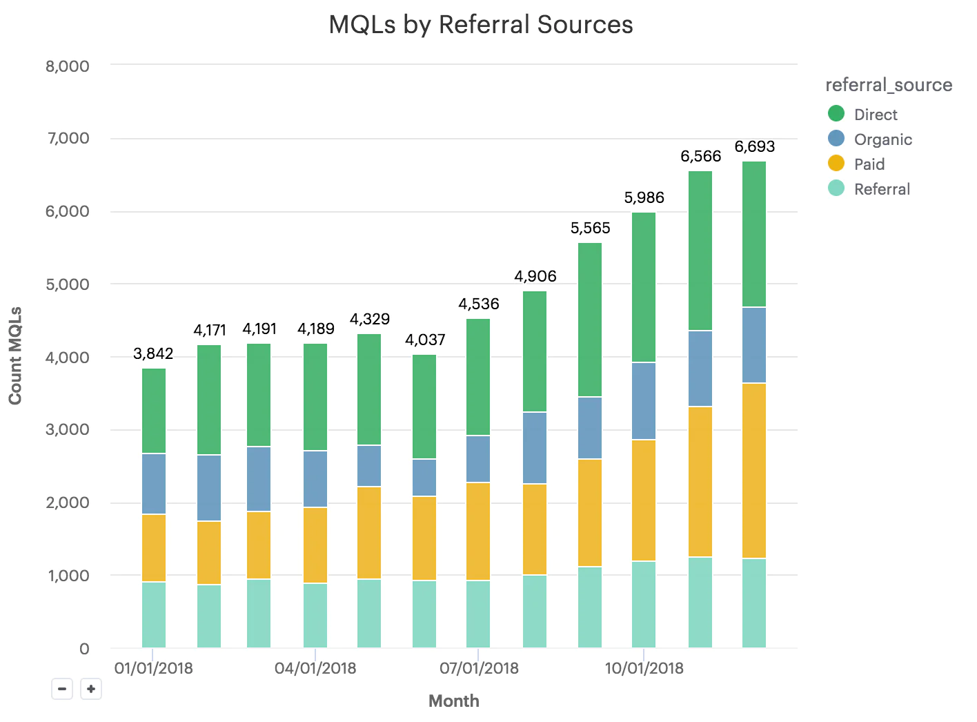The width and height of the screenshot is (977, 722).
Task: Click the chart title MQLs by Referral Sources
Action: (481, 25)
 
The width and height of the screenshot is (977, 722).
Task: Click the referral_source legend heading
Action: (889, 85)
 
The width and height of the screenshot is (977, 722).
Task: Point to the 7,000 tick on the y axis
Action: (68, 138)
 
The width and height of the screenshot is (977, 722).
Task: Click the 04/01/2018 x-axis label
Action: (315, 668)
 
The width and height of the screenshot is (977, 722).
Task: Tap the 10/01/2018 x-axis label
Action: (644, 668)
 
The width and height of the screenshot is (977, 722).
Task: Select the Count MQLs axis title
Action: (15, 355)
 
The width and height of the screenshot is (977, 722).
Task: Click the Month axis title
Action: (453, 701)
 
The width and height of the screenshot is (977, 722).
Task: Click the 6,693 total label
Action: (754, 146)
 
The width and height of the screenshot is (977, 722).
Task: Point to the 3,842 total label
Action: (153, 353)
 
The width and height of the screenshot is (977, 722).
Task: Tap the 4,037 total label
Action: (425, 340)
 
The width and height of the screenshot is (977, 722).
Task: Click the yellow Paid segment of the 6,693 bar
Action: (754, 471)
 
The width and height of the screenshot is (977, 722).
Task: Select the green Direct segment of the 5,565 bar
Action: (590, 320)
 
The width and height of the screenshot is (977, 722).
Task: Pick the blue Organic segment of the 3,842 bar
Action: (154, 484)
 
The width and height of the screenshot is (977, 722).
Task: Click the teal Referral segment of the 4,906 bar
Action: (535, 611)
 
